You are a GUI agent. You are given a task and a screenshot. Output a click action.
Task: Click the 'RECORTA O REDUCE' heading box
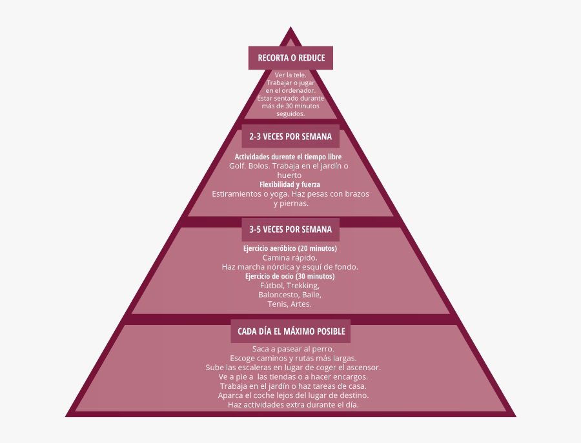[x=290, y=58]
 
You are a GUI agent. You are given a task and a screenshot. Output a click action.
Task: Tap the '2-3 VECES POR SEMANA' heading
[x=290, y=137]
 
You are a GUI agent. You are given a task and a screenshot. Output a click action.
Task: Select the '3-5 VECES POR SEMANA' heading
[x=290, y=230]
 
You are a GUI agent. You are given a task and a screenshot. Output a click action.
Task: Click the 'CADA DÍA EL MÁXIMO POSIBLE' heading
[x=290, y=331]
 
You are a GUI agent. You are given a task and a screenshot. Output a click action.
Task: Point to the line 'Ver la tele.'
[x=290, y=75]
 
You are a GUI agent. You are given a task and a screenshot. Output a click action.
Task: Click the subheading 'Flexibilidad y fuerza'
[x=290, y=184]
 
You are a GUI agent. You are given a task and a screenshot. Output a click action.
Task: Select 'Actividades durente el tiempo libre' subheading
[x=288, y=157]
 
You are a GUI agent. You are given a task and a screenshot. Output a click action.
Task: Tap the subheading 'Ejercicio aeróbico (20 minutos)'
[x=290, y=248]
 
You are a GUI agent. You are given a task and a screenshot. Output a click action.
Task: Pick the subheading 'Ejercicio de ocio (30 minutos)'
[x=290, y=276]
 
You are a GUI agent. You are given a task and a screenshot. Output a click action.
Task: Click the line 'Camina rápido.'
[x=290, y=257]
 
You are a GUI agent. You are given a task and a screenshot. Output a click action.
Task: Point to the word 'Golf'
[x=237, y=166]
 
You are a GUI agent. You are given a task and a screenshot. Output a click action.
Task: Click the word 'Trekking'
[x=303, y=285]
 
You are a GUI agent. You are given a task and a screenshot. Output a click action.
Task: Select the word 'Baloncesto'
[x=278, y=295]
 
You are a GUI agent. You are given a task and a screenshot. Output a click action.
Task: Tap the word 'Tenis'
[x=278, y=304]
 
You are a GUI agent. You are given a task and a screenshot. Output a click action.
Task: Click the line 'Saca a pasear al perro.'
[x=290, y=349]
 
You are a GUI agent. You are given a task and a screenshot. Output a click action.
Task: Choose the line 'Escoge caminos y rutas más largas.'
[x=293, y=358]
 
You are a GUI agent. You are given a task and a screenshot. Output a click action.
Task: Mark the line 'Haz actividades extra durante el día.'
[x=293, y=405]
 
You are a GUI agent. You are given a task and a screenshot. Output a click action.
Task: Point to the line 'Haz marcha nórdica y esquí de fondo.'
[x=290, y=267]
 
